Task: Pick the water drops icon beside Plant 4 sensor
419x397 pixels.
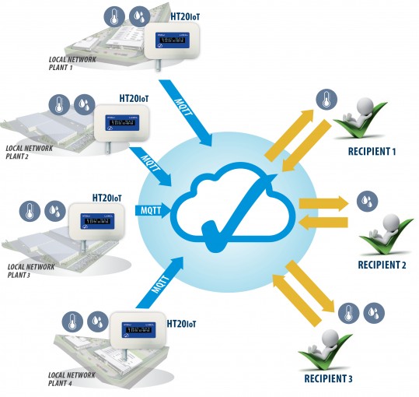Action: click(97, 319)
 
